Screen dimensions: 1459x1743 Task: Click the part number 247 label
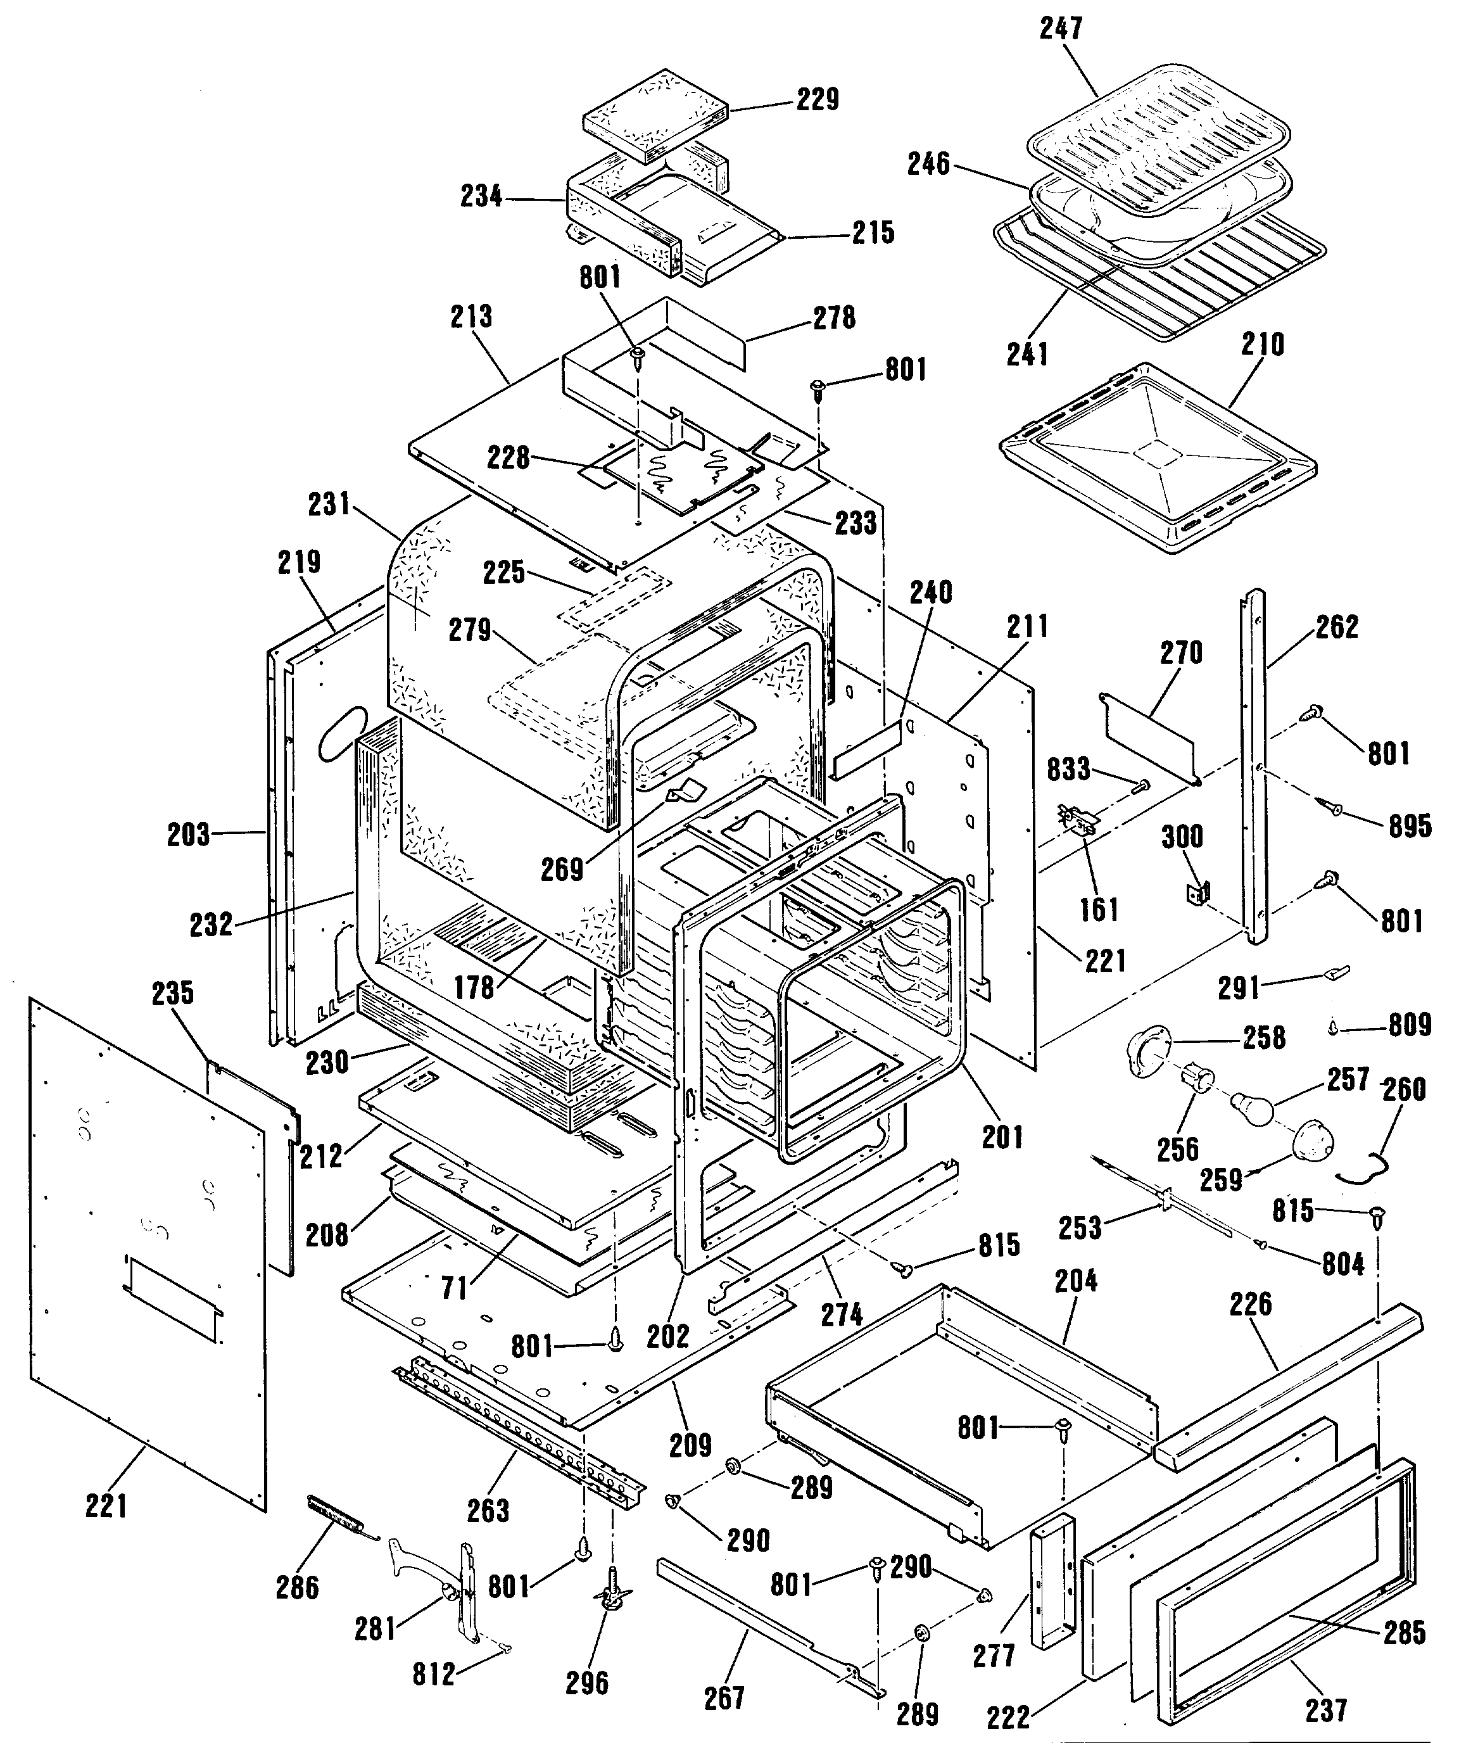(1061, 29)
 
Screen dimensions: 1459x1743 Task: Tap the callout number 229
(818, 99)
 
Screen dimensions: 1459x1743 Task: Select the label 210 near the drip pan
(1262, 345)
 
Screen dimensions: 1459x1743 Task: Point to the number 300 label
(1182, 836)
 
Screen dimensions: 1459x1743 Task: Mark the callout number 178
(474, 987)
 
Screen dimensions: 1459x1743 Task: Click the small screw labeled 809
(1333, 1027)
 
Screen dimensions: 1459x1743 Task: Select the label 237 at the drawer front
(1325, 1710)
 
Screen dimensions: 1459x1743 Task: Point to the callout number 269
(562, 869)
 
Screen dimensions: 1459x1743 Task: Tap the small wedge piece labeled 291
(1338, 971)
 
